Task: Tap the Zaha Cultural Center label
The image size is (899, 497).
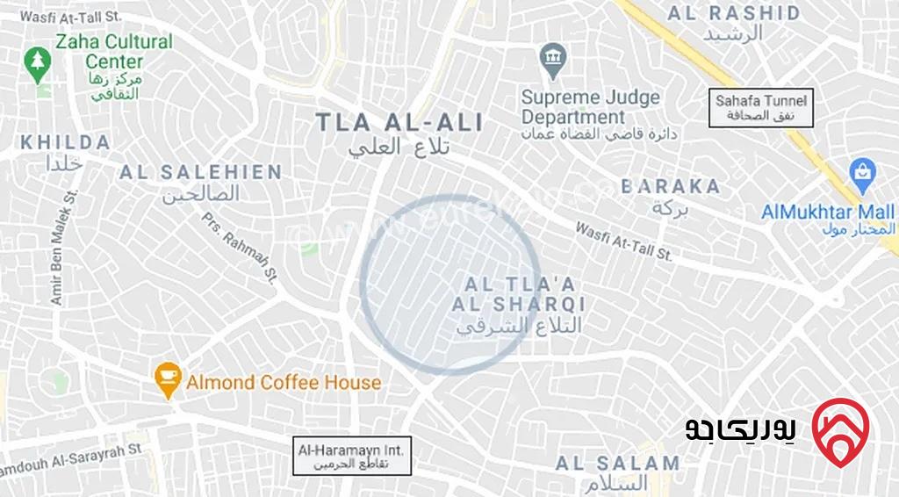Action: point(114,52)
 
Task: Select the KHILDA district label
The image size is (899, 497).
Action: point(66,142)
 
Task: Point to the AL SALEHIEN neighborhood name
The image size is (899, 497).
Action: point(201,172)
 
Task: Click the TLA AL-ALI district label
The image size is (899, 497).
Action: point(399,123)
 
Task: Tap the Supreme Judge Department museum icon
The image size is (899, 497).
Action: point(552,59)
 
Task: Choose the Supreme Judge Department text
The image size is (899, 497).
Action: point(590,107)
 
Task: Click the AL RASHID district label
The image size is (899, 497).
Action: point(734,13)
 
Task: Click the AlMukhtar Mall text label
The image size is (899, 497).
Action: point(828,212)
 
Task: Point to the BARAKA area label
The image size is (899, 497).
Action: point(671,186)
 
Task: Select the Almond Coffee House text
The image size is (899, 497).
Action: point(284,383)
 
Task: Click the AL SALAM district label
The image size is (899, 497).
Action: point(618,463)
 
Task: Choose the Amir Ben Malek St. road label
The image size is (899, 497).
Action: point(65,248)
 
